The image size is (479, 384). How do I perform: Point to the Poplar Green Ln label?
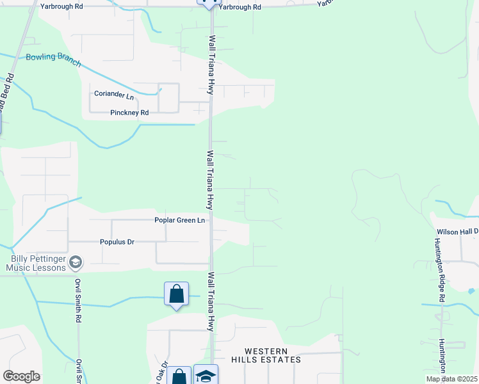(x=179, y=220)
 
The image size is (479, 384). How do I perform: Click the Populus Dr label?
(x=117, y=242)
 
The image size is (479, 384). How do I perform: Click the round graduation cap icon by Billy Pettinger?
(x=76, y=262)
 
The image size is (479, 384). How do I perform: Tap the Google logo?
(x=21, y=376)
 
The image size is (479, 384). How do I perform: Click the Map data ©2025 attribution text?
(x=451, y=379)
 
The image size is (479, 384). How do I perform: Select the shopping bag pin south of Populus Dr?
(x=176, y=294)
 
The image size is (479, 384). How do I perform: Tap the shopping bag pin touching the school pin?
(x=179, y=376)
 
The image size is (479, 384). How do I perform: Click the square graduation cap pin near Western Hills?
(x=206, y=376)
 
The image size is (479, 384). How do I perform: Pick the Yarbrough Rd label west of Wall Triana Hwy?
(x=61, y=6)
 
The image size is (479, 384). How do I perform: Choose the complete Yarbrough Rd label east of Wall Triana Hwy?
(x=239, y=7)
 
